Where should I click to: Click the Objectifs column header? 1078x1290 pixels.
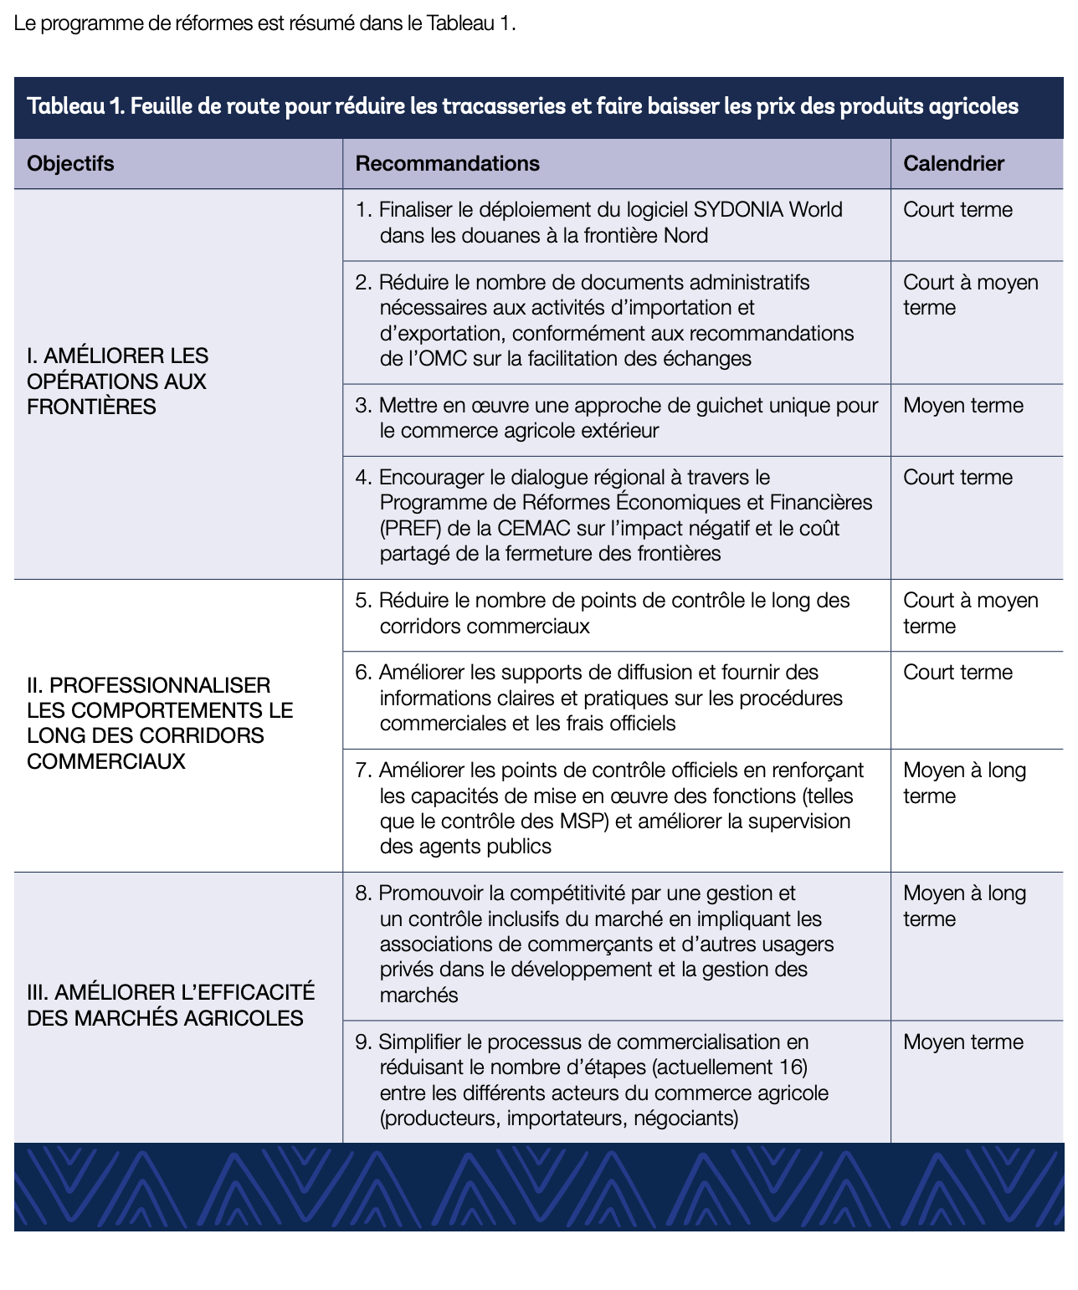(70, 163)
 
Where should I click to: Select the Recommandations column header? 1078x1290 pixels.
(447, 163)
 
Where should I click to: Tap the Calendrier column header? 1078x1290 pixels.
(953, 163)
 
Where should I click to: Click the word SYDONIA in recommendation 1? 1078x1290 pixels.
(738, 210)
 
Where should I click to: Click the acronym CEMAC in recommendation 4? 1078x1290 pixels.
(532, 529)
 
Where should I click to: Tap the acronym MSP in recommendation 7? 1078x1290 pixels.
(583, 822)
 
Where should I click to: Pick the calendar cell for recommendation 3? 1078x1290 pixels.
(963, 406)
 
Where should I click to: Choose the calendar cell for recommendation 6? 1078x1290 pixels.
(957, 673)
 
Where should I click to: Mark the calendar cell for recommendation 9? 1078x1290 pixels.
(963, 1042)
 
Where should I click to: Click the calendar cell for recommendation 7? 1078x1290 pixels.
(964, 783)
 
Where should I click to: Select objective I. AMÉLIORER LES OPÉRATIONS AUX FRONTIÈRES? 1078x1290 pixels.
(117, 381)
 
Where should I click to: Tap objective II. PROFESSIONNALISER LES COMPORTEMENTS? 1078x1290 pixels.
(159, 724)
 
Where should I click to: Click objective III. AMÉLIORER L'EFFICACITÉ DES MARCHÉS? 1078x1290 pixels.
(171, 1005)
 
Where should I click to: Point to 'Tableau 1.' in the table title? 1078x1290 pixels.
(74, 107)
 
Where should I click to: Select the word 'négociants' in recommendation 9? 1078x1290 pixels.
(685, 1119)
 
